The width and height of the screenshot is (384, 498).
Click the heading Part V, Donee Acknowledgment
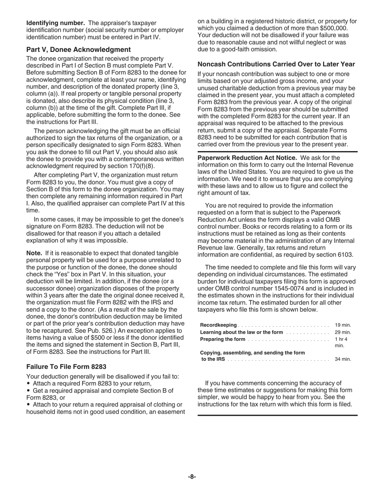[78, 49]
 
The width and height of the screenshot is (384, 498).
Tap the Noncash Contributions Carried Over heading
[276, 64]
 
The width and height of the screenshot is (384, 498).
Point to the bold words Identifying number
[55, 23]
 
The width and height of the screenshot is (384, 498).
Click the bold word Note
[34, 253]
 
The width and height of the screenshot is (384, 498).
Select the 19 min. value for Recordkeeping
[343, 325]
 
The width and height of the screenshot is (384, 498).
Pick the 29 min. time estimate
[343, 332]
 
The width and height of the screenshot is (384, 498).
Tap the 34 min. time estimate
[343, 359]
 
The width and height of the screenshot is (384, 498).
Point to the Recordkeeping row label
[218, 325]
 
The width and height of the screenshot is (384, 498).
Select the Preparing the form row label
[223, 339]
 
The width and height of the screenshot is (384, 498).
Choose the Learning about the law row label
[242, 332]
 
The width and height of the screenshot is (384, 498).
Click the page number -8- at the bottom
[192, 477]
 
